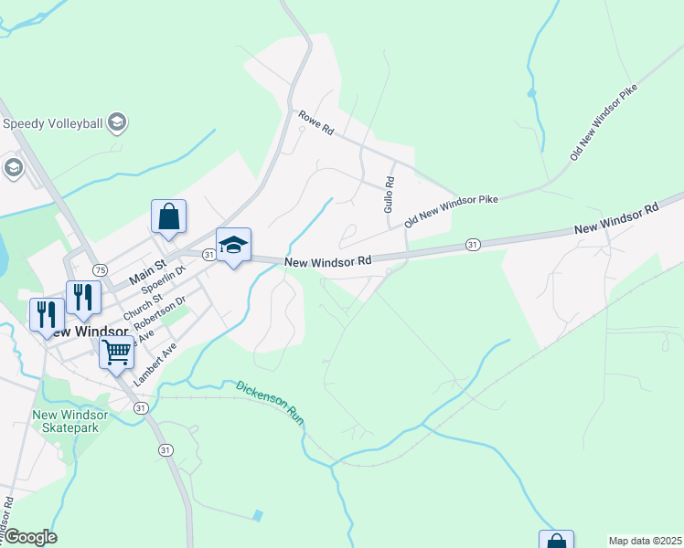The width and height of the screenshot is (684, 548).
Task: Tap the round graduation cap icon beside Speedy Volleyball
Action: (116, 121)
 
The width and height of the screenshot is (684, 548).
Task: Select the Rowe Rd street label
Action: (315, 123)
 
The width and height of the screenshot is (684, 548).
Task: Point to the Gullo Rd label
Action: (389, 195)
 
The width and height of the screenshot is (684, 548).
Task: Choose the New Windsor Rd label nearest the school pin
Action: (327, 262)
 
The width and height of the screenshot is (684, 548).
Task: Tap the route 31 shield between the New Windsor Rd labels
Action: (472, 245)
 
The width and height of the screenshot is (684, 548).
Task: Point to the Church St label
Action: (144, 304)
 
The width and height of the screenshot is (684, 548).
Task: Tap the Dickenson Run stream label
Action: (270, 402)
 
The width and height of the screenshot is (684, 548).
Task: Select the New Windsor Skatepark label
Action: (69, 421)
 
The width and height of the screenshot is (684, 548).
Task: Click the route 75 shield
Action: (100, 270)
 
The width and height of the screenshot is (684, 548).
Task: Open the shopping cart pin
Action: (116, 351)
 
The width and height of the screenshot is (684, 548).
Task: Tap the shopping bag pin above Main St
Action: (168, 216)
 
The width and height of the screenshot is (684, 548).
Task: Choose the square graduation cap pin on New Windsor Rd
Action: (233, 245)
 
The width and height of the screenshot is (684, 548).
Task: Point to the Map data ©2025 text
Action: (645, 541)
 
